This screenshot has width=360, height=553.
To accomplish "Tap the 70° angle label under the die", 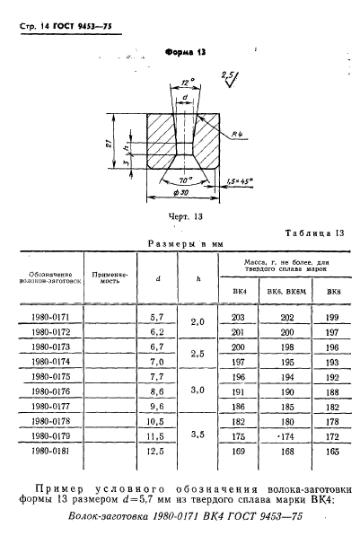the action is click(185, 180).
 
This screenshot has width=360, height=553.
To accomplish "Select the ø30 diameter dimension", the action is click(180, 192).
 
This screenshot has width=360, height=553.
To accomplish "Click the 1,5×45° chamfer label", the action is click(240, 181).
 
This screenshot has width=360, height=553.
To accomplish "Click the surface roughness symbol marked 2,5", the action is click(230, 79).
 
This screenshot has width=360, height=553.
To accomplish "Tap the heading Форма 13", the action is click(186, 53).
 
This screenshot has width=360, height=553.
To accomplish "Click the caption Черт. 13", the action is click(186, 216).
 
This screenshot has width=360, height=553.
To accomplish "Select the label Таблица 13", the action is click(314, 233).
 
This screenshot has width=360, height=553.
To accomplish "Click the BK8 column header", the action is click(333, 292).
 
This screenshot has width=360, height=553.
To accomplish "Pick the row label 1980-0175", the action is click(51, 377).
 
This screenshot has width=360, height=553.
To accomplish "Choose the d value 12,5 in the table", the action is click(155, 451).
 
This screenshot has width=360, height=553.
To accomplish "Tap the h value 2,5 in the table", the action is click(198, 354).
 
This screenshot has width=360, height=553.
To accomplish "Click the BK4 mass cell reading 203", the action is click(238, 318).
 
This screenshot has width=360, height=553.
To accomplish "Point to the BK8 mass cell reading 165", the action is click(332, 452).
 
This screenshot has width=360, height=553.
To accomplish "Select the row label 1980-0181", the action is click(51, 451).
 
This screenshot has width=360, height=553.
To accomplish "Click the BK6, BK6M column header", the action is click(286, 292).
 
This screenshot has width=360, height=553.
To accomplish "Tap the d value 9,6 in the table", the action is click(157, 407).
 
